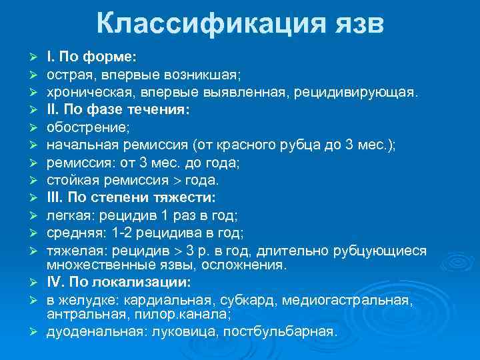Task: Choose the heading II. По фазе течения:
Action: pyautogui.click(x=118, y=109)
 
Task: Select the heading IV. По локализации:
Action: pyautogui.click(x=116, y=282)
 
